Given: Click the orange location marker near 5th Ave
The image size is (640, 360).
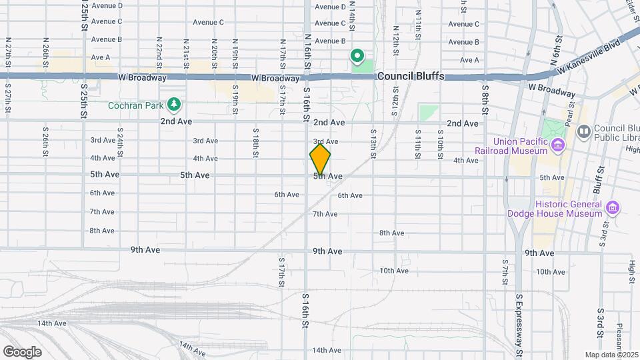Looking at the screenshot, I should (x=320, y=160).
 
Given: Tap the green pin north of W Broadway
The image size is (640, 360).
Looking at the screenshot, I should (x=357, y=56).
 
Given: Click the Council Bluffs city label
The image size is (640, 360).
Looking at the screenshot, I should (x=410, y=77).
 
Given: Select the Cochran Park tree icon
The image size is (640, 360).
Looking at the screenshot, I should (x=174, y=104).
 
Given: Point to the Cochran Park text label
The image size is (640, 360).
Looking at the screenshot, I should (x=136, y=105).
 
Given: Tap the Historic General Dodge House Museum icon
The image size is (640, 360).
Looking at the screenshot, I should (x=611, y=208).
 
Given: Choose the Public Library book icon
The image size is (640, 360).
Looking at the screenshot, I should (x=583, y=132).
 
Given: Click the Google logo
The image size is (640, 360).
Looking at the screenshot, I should (x=22, y=352).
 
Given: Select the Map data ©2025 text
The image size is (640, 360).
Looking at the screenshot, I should (x=611, y=354).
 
